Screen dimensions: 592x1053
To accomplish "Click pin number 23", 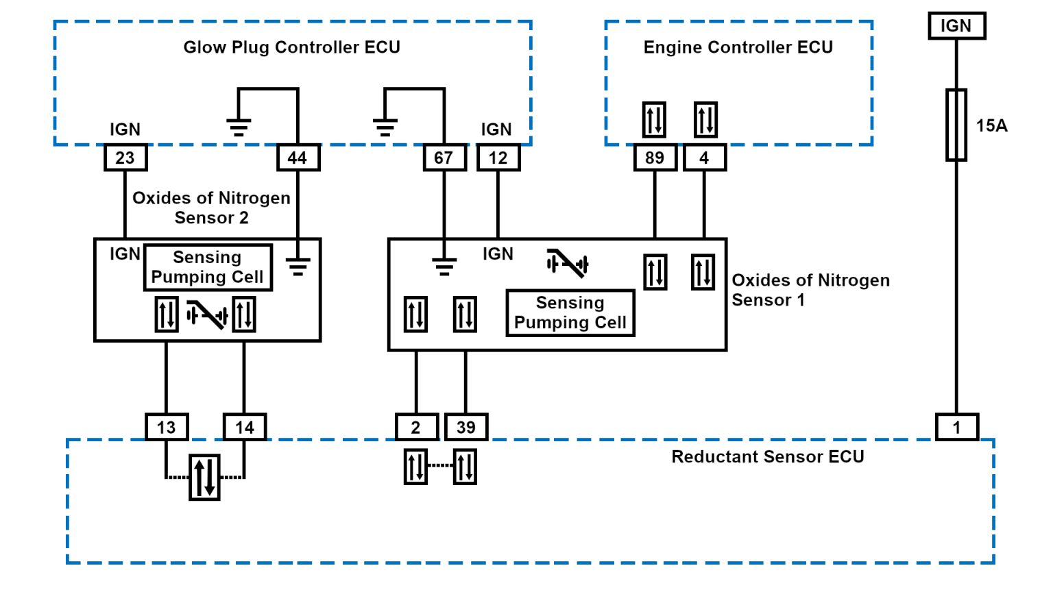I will [x=125, y=158].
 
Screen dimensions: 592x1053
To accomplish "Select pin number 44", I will [x=298, y=158].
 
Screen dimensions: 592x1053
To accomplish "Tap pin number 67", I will [x=444, y=158].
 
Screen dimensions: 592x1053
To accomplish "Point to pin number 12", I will [x=498, y=158].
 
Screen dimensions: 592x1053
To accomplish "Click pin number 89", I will [x=655, y=158].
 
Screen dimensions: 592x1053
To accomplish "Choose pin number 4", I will [x=704, y=158].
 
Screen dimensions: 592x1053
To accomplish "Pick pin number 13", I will [x=167, y=428].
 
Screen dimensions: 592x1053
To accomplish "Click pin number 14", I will [x=245, y=428].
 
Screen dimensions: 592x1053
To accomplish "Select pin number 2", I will [x=416, y=428].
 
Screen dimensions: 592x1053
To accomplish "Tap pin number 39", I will [x=466, y=428].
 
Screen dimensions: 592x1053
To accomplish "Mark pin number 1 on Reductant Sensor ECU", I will [x=957, y=428].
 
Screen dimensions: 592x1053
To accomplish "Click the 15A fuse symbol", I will [x=956, y=125].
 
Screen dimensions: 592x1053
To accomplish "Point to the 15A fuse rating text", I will [x=992, y=125].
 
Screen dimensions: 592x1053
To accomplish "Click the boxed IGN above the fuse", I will [x=956, y=26].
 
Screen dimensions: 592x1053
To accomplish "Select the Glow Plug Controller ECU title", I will [x=291, y=47].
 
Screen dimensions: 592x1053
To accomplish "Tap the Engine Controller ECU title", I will [x=738, y=47].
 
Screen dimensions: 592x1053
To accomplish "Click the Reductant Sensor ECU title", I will [x=767, y=457].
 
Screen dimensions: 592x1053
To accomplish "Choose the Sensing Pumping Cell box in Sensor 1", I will [x=570, y=313].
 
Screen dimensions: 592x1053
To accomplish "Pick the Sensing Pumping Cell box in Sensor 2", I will [x=208, y=267].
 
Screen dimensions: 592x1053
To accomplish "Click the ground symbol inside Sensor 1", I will [x=444, y=266].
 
